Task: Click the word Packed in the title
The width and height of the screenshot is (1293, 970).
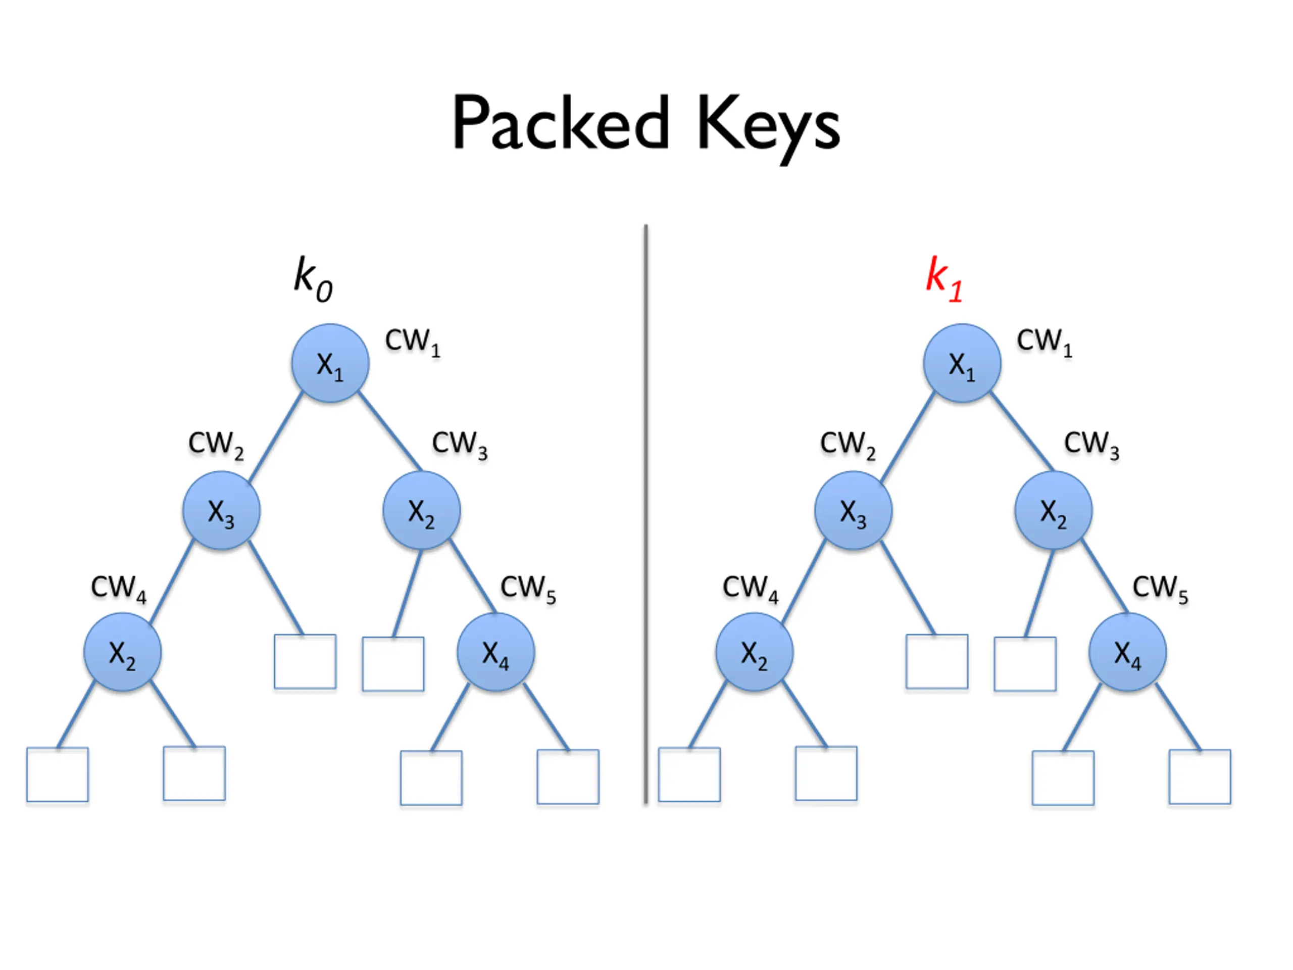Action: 561,123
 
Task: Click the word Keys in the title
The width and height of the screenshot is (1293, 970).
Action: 769,129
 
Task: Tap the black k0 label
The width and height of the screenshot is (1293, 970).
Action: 313,279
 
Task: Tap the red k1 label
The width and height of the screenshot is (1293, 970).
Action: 944,279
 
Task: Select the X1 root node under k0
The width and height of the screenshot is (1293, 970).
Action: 330,363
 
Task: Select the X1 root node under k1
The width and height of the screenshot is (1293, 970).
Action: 962,363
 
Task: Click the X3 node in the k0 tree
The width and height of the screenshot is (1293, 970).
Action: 222,510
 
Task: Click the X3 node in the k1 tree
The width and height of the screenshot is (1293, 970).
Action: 854,510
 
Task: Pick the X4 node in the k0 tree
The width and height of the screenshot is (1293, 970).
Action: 495,652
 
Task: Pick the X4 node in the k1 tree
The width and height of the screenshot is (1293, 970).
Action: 1127,652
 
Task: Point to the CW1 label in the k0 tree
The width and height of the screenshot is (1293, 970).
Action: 413,343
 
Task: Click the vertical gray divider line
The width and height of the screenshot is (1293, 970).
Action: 646,514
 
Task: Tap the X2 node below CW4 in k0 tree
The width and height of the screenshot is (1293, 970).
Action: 123,652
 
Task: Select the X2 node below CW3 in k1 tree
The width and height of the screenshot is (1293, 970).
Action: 1053,510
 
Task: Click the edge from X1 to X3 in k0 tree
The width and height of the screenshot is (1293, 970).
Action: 276,438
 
